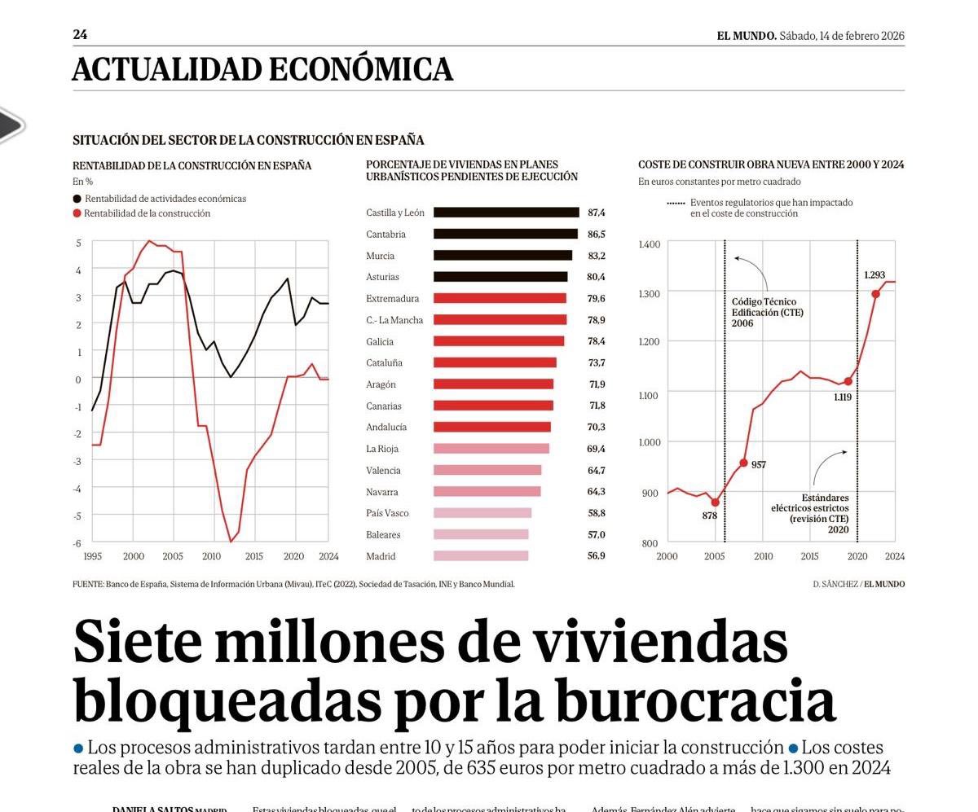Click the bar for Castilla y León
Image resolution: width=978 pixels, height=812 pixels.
coord(505,213)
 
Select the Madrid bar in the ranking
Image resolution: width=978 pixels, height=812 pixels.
coord(481,556)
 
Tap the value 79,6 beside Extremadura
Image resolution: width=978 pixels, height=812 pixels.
coord(596,299)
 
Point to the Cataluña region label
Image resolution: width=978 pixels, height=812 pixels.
coord(384,363)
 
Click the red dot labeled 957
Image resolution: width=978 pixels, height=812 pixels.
coord(743,463)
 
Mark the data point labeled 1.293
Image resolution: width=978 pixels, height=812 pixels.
coord(876,294)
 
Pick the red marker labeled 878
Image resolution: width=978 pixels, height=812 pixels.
coord(715,503)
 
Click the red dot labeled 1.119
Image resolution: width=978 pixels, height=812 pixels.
coord(848,381)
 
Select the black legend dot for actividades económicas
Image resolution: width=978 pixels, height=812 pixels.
coord(77,199)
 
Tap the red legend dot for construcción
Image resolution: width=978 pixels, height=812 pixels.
coord(77,213)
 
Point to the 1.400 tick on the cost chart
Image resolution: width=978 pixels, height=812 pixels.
coord(649,244)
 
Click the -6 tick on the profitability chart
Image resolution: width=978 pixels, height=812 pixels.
coord(78,543)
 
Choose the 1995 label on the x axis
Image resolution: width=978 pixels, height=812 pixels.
coord(93,557)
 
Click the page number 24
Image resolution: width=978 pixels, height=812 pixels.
coord(80,35)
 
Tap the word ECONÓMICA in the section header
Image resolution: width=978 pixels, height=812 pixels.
coord(360,70)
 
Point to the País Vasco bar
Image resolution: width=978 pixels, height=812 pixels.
coord(482,513)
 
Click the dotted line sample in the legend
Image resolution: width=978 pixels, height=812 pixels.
coord(676,203)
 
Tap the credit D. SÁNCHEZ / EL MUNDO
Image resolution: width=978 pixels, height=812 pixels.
coord(858,584)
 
